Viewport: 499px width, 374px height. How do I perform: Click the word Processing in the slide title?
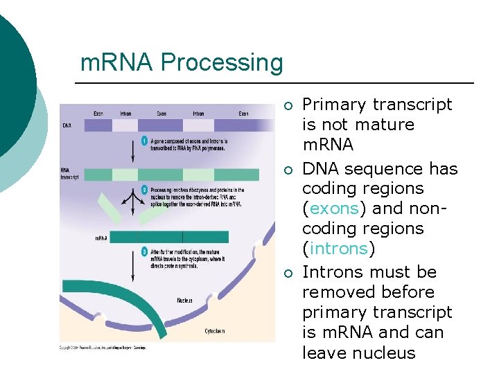tap(222, 64)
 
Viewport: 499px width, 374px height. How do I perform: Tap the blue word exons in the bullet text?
tap(335, 208)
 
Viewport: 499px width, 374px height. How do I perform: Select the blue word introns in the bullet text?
tap(340, 248)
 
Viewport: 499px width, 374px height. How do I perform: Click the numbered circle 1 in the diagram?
tap(145, 141)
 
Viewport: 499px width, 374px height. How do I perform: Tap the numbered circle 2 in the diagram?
tap(145, 189)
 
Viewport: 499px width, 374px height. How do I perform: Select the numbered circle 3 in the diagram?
tap(145, 251)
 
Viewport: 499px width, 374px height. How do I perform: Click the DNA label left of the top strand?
tap(66, 126)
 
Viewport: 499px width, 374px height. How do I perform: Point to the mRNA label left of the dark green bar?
tap(101, 238)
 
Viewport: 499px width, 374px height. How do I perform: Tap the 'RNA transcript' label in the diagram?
tap(69, 172)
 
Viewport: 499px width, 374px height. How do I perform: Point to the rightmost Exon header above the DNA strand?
tap(244, 113)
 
